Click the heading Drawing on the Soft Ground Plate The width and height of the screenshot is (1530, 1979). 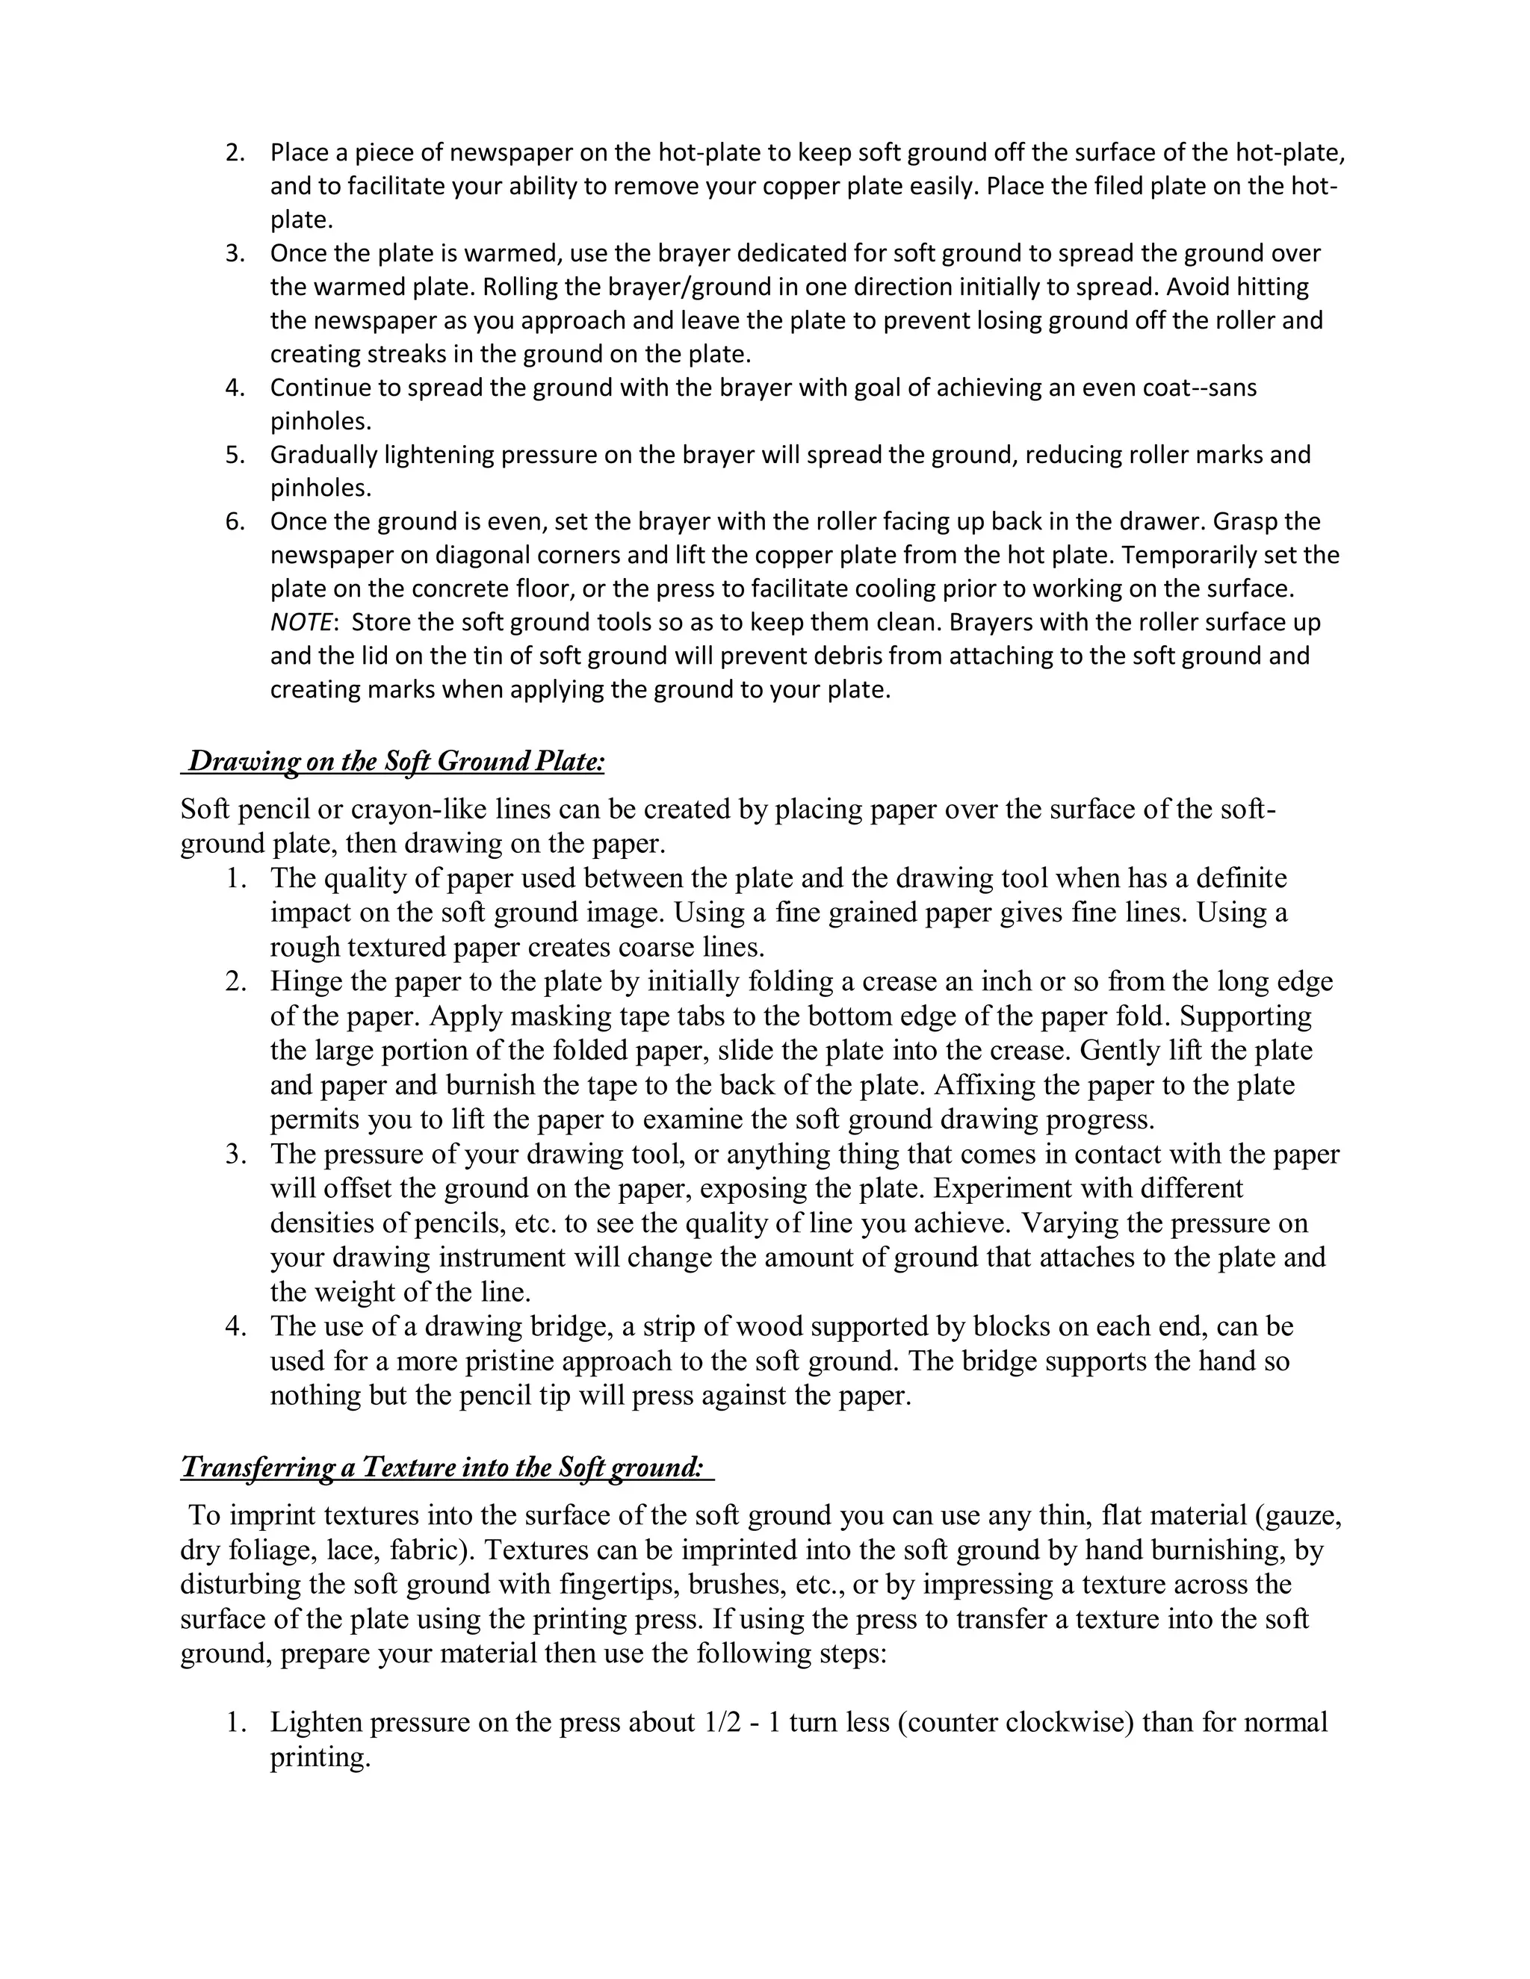(394, 762)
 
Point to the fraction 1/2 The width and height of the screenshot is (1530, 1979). (722, 1723)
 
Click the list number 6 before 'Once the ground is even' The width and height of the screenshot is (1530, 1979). (235, 522)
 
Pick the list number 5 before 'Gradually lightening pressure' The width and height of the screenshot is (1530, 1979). (235, 455)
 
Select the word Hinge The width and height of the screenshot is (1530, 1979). (307, 981)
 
